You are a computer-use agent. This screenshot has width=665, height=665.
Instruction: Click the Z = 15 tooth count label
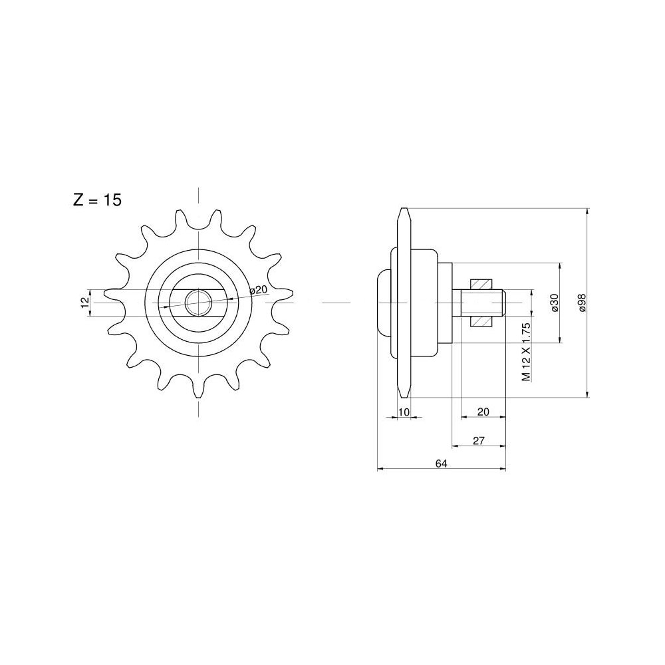98,199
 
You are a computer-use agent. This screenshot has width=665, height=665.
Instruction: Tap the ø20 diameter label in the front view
258,291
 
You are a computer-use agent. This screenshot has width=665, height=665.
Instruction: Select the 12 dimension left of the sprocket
85,303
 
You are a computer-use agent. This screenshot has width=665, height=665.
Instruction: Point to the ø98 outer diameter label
582,303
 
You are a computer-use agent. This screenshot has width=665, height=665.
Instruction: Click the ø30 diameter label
555,303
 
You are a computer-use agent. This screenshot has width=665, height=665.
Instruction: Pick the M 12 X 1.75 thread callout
526,352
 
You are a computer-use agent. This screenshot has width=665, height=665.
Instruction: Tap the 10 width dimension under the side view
404,412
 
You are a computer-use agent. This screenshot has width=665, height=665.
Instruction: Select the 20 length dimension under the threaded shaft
483,412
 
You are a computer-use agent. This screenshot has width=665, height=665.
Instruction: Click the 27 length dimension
478,441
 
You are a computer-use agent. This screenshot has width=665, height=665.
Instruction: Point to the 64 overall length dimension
441,464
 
